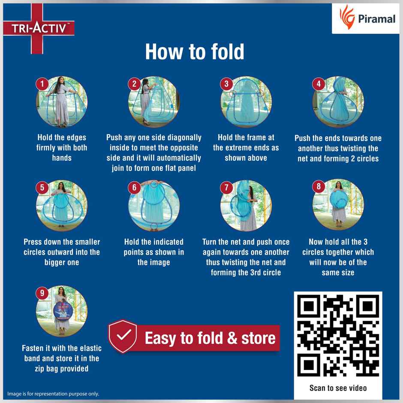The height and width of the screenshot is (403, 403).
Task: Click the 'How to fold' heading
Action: coord(195,51)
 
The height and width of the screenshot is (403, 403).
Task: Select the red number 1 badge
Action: coord(42,84)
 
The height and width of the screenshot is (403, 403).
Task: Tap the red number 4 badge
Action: coord(319,84)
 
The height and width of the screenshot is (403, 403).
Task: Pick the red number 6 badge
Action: coord(134,188)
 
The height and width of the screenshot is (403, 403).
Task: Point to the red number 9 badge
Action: coord(42,293)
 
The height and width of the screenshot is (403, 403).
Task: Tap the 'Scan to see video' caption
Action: coord(338,388)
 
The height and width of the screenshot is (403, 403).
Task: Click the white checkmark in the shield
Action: coord(123,335)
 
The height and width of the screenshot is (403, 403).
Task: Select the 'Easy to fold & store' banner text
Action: coord(210,338)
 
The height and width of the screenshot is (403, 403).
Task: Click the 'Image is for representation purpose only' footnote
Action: coord(53,394)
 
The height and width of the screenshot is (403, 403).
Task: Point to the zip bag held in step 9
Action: coord(63,311)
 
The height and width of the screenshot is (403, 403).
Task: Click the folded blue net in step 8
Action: coord(339,199)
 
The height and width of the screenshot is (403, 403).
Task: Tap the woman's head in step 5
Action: coord(61,185)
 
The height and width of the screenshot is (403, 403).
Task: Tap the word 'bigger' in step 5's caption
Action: coord(54,262)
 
